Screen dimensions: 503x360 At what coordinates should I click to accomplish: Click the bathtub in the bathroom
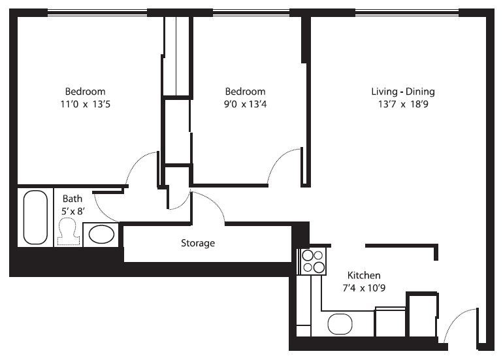click(35, 217)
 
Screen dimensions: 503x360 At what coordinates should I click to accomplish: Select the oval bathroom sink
click(101, 234)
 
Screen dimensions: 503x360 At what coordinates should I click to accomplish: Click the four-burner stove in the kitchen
click(314, 261)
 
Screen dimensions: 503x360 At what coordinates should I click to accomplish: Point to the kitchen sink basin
click(340, 324)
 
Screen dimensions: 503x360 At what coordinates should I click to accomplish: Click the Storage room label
click(198, 243)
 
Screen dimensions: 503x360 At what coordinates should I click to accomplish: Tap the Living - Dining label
click(403, 91)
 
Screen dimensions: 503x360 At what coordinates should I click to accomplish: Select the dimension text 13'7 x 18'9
click(403, 105)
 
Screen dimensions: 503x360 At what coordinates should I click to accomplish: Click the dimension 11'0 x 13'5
click(86, 105)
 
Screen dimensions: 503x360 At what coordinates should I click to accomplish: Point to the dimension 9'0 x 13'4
click(245, 105)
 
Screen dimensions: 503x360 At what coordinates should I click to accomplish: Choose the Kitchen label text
click(364, 275)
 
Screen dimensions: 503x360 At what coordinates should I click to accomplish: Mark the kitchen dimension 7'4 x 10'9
click(364, 288)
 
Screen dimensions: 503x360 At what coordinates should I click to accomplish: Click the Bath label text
click(73, 199)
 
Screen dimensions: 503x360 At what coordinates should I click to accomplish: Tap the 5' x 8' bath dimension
click(73, 211)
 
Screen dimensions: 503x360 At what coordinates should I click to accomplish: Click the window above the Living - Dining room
click(407, 13)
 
